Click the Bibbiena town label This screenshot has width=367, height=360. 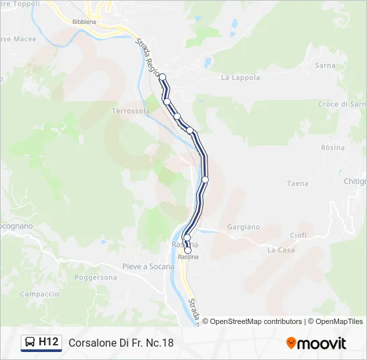(x=84, y=21)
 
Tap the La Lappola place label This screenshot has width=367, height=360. (x=240, y=78)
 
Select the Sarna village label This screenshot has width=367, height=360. (x=325, y=66)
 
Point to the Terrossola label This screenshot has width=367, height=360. (x=131, y=111)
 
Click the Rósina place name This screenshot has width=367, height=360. (x=333, y=147)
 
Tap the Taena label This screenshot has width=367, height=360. (x=298, y=183)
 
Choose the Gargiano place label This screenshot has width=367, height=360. (x=243, y=227)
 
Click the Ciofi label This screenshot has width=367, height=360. (x=298, y=235)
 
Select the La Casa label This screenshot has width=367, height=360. (x=281, y=250)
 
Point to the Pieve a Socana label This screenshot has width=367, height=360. (x=148, y=267)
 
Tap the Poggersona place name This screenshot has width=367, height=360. (x=96, y=277)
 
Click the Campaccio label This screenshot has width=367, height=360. (x=39, y=294)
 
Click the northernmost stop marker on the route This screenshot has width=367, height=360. (x=162, y=77)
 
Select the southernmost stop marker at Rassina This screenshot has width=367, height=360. (x=188, y=251)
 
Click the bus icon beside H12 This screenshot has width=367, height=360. (x=30, y=343)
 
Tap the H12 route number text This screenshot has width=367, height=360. (x=49, y=342)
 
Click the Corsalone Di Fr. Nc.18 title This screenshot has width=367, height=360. (x=121, y=343)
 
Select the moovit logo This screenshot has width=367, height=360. (x=316, y=343)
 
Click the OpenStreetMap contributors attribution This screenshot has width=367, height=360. (x=256, y=321)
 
